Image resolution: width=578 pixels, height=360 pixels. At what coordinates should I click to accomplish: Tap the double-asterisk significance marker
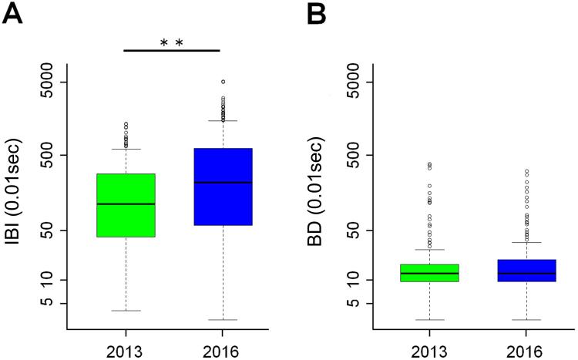pos(172,42)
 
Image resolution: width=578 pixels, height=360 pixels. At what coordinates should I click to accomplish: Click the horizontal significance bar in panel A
pos(172,51)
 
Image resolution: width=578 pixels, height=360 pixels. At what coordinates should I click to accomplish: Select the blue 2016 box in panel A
pos(223,187)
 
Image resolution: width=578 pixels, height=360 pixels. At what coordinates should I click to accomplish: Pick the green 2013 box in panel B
pos(429,273)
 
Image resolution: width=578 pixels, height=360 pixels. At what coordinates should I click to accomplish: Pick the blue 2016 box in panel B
pos(526,271)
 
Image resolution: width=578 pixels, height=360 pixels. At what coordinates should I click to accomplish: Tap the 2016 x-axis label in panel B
pos(526,348)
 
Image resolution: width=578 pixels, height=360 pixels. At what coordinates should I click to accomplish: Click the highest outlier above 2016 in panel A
pos(223,81)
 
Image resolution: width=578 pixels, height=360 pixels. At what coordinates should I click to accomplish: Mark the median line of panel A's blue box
pos(223,182)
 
